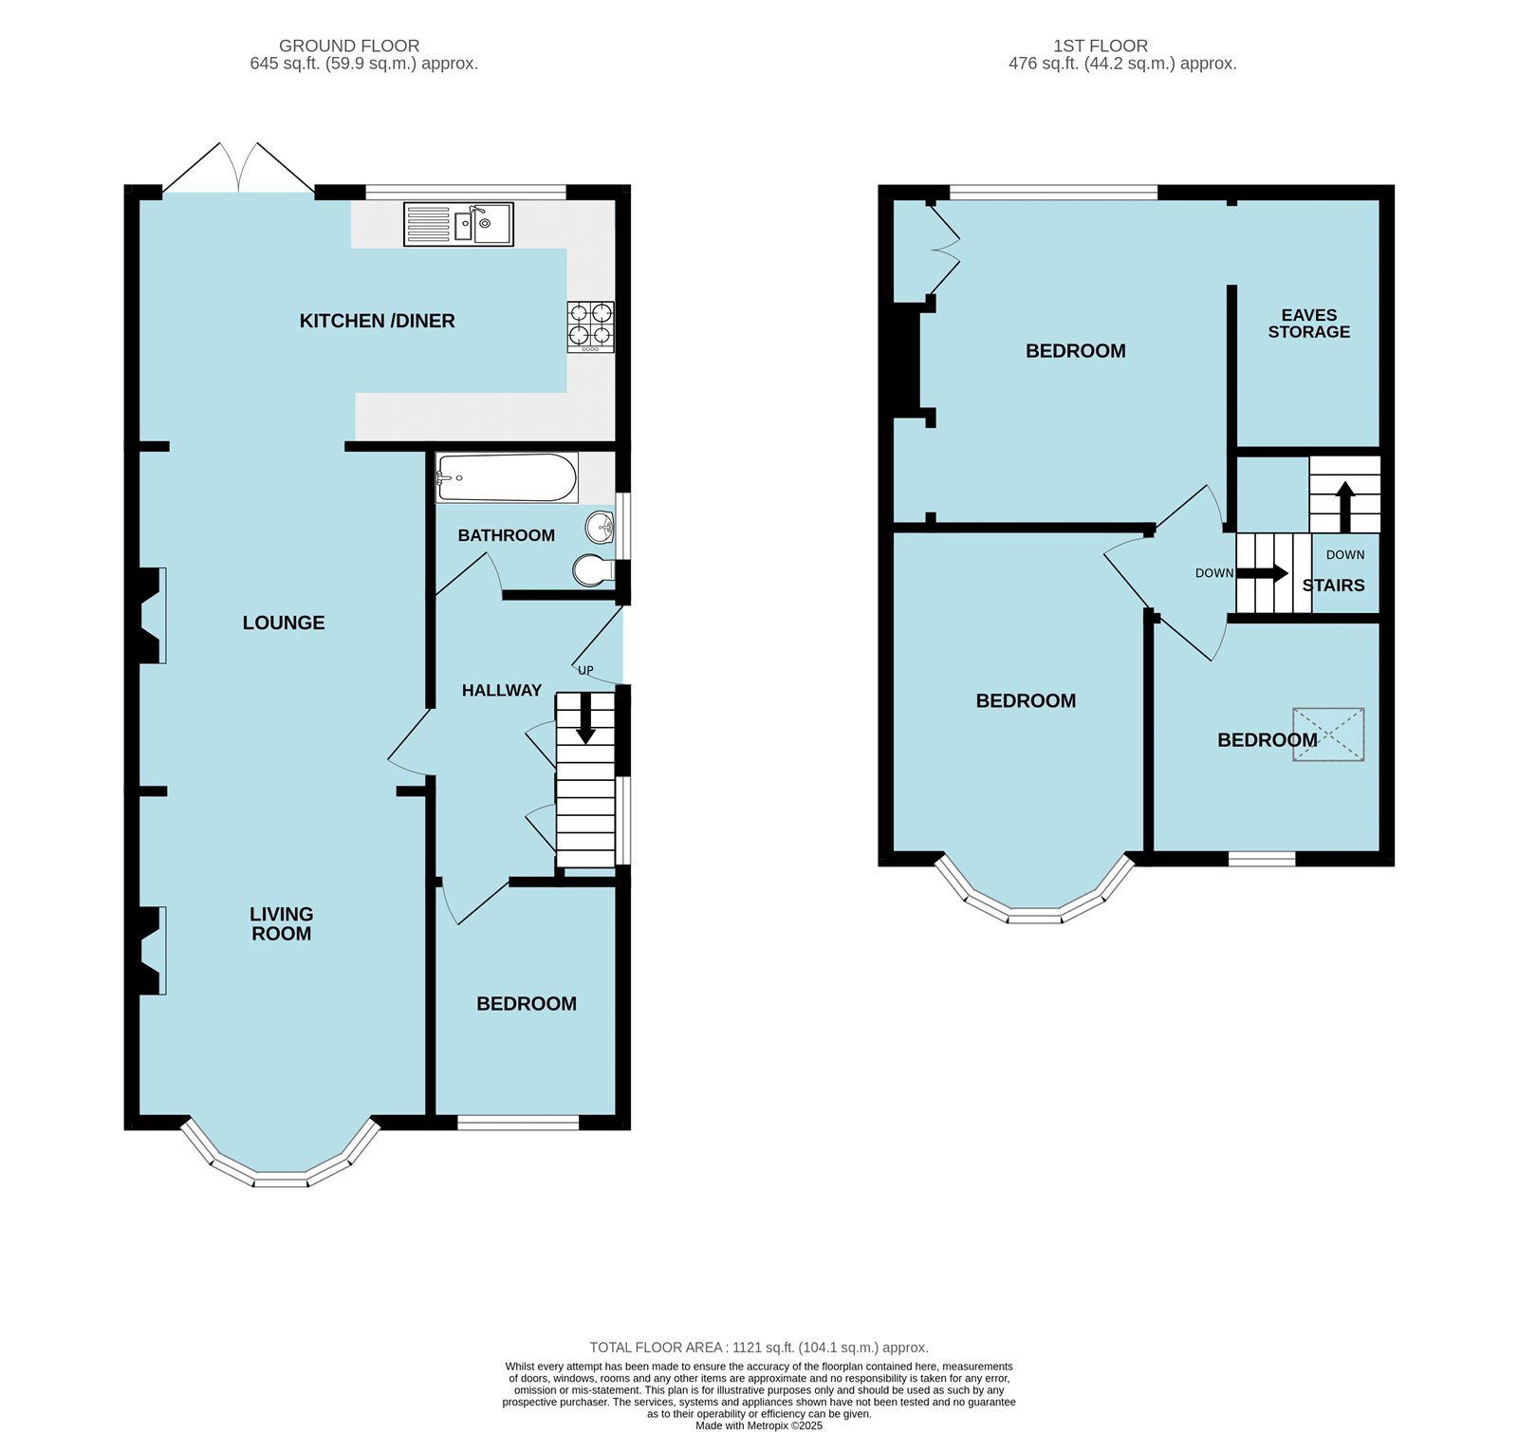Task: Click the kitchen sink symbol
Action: [x=458, y=224]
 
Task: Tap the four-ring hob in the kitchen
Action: [x=590, y=325]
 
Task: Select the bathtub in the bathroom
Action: [x=507, y=477]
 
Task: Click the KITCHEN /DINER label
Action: [x=377, y=321]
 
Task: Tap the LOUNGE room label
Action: [x=284, y=623]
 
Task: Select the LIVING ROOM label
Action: [x=281, y=923]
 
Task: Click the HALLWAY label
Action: [x=501, y=690]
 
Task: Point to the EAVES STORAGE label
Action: [x=1308, y=324]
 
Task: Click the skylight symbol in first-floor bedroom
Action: [x=1328, y=734]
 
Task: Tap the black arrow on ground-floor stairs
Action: [x=585, y=718]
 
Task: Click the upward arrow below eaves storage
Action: [x=1344, y=506]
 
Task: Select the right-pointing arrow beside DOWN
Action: [x=1263, y=573]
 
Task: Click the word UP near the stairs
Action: [x=585, y=670]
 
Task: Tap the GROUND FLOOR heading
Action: [x=349, y=46]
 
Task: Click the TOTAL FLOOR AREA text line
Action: [x=758, y=1347]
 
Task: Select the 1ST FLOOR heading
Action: [x=1100, y=46]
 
